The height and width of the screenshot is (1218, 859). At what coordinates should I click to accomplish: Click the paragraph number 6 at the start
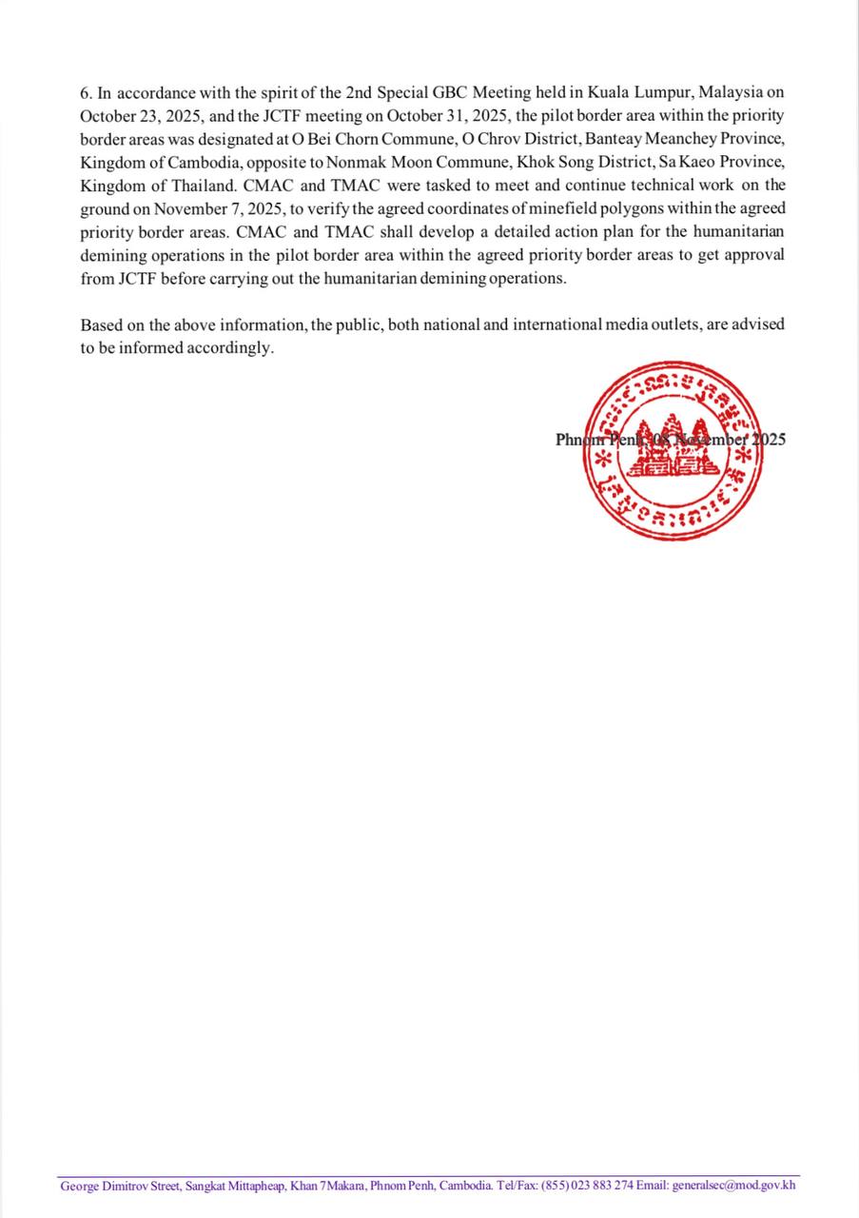[85, 93]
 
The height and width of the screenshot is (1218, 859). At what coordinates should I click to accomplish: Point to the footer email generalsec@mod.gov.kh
[733, 1186]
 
